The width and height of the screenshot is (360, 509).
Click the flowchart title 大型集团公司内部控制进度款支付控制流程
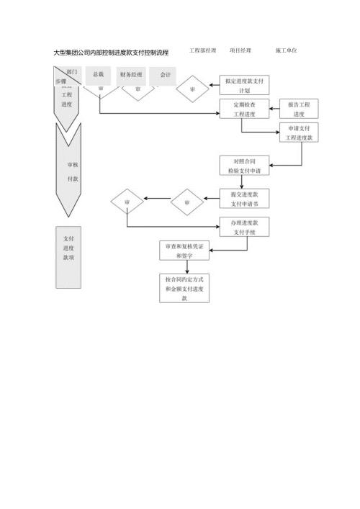click(x=112, y=53)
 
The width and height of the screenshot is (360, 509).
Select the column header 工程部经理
click(x=202, y=51)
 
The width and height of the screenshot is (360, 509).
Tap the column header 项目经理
click(x=240, y=51)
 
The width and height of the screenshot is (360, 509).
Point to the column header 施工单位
click(x=286, y=51)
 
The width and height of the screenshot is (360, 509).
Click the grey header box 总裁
click(x=98, y=75)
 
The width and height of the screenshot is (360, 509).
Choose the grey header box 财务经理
click(x=131, y=75)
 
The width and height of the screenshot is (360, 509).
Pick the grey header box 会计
click(x=165, y=75)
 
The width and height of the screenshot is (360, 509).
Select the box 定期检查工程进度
click(x=244, y=109)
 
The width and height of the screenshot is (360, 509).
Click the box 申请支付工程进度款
click(x=299, y=132)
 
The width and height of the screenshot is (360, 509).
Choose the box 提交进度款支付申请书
click(x=244, y=199)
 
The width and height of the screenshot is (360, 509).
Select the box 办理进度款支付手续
click(x=244, y=228)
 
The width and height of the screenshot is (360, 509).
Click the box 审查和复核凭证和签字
click(x=184, y=250)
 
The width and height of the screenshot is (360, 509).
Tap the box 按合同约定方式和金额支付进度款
click(x=184, y=288)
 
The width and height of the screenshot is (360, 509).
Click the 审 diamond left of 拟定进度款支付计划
click(x=192, y=89)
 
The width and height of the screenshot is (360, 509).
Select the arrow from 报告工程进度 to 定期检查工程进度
click(x=274, y=109)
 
